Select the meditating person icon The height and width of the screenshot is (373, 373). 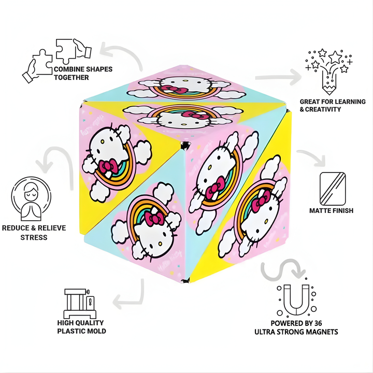point(31,198)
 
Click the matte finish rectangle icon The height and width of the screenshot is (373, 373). point(333,189)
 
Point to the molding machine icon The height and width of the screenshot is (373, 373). point(80,304)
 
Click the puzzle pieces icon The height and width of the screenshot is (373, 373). point(56,61)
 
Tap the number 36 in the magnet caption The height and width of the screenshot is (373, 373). point(318,323)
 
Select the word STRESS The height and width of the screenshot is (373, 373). point(34,237)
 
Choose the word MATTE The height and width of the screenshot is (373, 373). point(320,210)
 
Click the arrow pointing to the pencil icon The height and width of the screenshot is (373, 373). point(278,77)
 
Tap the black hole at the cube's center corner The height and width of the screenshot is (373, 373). point(185,146)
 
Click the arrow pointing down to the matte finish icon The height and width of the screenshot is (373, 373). point(314,156)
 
